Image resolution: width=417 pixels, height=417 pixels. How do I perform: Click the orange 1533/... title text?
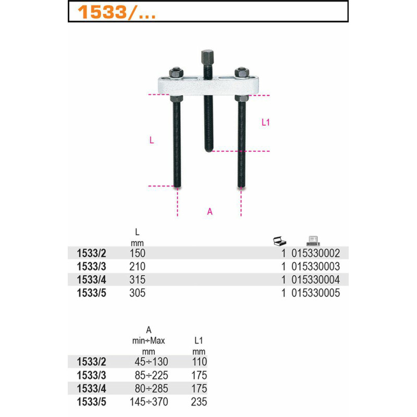116,12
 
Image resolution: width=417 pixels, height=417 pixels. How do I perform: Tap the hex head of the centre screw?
207,56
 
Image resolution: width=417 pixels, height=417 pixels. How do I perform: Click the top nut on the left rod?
176,72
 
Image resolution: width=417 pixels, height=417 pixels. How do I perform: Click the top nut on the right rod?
241,72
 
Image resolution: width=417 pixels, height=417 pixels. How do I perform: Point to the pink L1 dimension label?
265,122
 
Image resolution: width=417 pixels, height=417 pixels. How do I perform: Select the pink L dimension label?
152,140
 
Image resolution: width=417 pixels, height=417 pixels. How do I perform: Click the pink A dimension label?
210,212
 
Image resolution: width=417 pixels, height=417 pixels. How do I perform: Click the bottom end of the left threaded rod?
177,186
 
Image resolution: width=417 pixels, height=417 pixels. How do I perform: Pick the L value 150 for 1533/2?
138,253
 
